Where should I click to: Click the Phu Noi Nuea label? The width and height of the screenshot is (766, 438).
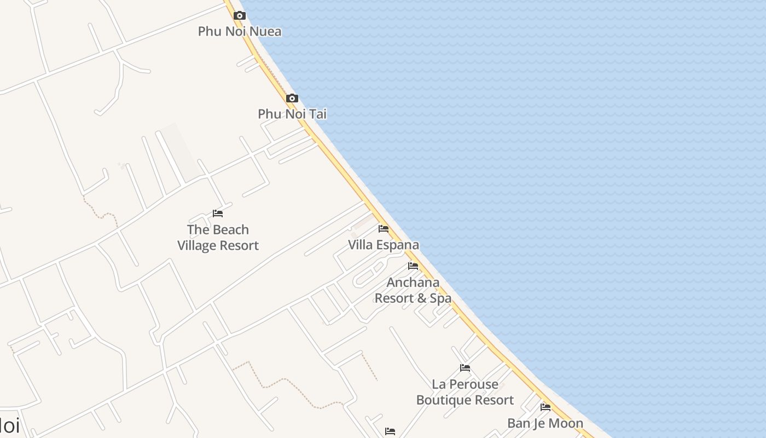240,31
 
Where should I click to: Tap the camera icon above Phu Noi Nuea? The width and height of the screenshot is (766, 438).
240,15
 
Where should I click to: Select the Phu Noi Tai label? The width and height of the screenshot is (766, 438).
292,114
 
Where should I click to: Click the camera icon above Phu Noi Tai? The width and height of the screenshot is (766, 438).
292,99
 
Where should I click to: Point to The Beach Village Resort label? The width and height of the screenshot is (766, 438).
218,238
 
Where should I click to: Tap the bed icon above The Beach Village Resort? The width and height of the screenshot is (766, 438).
218,214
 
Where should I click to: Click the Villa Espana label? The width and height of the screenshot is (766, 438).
384,245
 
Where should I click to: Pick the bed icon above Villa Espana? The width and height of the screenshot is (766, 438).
384,229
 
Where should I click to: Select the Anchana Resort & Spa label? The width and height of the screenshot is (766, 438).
413,290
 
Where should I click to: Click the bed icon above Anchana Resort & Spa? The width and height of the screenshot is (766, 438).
413,267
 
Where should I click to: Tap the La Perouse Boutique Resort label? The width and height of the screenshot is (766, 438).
465,392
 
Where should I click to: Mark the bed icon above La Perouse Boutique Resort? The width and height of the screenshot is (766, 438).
465,368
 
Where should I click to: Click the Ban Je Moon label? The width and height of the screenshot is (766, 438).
545,423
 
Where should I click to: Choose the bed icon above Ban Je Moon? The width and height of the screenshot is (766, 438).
546,407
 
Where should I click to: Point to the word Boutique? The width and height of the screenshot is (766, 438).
443,400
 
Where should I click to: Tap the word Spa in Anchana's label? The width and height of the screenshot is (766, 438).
441,298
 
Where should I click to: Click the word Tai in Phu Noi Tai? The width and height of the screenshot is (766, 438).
318,114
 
